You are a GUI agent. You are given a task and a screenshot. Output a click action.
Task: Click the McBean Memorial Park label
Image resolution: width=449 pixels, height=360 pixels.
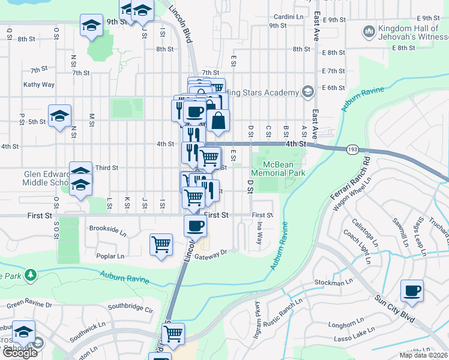[x=278, y=167]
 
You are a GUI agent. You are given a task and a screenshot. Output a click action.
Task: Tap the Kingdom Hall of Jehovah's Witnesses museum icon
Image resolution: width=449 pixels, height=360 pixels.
[x=369, y=30]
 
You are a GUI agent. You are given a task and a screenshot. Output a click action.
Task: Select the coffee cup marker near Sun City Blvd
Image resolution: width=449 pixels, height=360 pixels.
[x=412, y=291]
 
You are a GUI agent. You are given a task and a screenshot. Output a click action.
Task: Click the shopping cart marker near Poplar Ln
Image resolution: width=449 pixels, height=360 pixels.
[x=161, y=244]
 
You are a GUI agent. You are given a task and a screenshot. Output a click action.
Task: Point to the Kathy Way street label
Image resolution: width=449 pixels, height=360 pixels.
[x=39, y=85]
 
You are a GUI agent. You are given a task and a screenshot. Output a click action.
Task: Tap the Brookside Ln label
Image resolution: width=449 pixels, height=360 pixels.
[x=108, y=229]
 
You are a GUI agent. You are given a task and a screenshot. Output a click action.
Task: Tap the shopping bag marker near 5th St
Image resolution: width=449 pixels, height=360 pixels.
[x=218, y=120]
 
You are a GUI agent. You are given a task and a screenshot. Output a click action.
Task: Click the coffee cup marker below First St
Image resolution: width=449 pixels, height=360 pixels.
[x=195, y=226]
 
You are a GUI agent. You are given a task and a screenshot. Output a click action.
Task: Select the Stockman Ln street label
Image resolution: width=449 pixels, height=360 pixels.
[x=334, y=282]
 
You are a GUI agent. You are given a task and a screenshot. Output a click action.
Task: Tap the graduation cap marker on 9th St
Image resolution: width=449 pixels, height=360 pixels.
[x=91, y=26]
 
